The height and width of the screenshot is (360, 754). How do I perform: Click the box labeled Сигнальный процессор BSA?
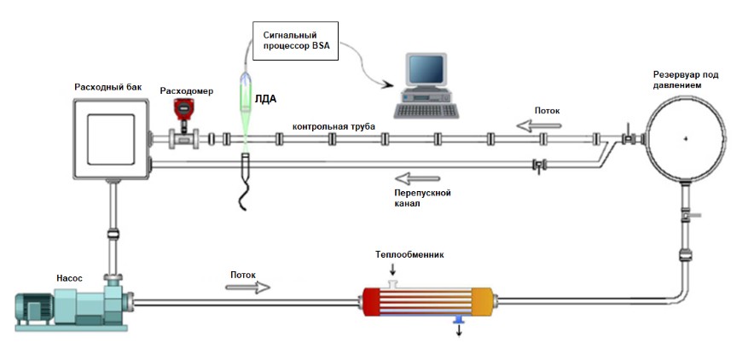[x=295, y=41]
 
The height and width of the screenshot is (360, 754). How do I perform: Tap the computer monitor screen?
[x=426, y=68]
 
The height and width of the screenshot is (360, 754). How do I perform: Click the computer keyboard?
[x=426, y=111]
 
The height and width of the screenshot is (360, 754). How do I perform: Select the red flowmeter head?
[x=183, y=109]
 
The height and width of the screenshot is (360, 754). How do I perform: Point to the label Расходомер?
[x=187, y=90]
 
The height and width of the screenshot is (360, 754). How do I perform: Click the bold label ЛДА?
[x=265, y=100]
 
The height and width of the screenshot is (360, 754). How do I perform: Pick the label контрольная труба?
[x=333, y=126]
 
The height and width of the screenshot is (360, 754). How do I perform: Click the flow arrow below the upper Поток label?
[x=538, y=126]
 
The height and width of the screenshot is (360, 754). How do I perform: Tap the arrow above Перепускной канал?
[x=417, y=178]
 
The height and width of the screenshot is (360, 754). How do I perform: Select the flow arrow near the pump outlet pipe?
[x=247, y=287]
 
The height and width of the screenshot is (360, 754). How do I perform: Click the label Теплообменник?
[x=409, y=255]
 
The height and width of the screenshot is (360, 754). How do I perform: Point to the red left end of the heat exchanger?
[x=371, y=302]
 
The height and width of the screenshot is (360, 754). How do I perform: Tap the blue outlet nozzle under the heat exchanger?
[x=458, y=320]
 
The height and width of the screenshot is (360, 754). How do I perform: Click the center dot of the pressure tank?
[x=685, y=138]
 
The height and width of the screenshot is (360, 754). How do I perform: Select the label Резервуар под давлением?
[x=685, y=80]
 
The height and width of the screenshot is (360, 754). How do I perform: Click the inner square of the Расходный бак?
[x=111, y=139]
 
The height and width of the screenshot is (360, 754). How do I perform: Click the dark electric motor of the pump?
[x=33, y=308]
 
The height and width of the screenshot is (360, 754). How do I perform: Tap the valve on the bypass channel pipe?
[x=538, y=165]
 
